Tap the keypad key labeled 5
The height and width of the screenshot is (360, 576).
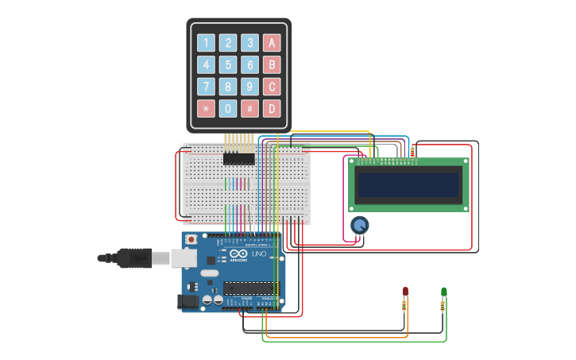[x=228, y=65]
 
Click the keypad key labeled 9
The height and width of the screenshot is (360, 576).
[x=250, y=87]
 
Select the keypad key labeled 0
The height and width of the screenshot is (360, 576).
[x=228, y=108]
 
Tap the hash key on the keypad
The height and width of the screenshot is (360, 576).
[x=250, y=108]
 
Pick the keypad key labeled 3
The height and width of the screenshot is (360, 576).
[x=250, y=43]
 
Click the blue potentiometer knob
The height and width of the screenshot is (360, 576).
[x=360, y=226]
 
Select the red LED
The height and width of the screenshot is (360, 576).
[x=405, y=292]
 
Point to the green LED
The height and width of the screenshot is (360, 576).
[x=443, y=292]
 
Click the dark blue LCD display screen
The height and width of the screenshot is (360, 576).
[x=408, y=185]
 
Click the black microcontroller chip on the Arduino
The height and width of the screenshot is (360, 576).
[x=250, y=288]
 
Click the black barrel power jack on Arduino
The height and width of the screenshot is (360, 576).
[x=188, y=302]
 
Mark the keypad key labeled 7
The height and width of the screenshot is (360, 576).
[x=206, y=87]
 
